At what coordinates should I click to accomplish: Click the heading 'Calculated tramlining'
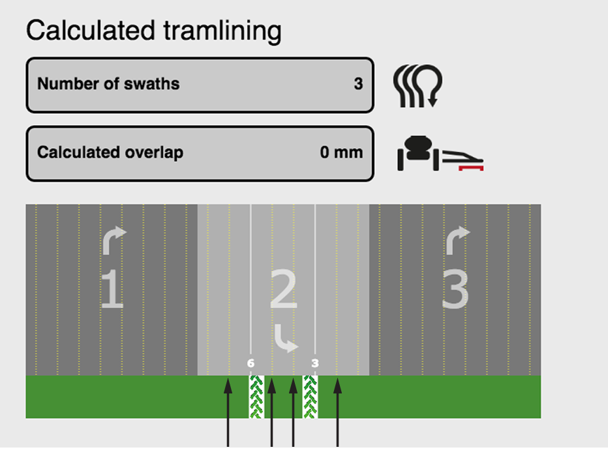click(154, 31)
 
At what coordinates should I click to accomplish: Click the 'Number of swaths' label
click(108, 84)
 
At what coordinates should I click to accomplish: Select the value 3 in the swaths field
click(358, 84)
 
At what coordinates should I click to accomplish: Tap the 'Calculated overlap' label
click(110, 153)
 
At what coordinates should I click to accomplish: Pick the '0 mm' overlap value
click(341, 153)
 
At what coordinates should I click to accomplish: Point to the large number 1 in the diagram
click(112, 290)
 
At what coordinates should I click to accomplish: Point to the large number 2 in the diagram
click(284, 290)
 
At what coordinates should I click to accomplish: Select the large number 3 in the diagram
click(455, 290)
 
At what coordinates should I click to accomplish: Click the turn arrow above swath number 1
click(112, 239)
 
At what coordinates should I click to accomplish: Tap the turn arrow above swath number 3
click(456, 239)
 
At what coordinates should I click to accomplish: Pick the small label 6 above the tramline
click(251, 363)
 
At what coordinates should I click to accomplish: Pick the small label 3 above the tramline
click(314, 363)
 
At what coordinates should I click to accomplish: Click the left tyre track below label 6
click(256, 397)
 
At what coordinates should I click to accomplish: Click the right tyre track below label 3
click(311, 397)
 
